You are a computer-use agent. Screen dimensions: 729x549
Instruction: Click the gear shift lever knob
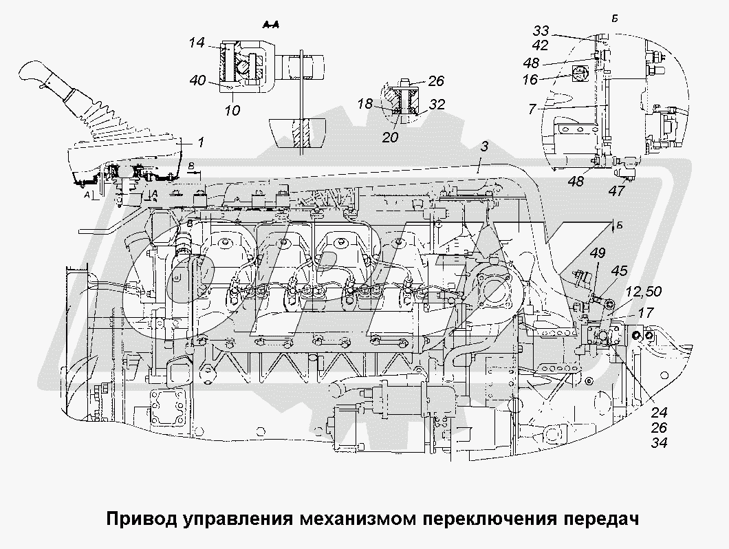click(x=37, y=74)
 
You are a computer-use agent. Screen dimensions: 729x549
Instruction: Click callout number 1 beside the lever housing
click(x=201, y=142)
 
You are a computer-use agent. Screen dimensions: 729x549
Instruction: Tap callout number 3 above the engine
click(x=484, y=147)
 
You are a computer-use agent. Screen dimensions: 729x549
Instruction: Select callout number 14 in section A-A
click(x=197, y=43)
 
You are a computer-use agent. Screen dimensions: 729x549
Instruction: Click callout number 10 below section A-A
click(x=232, y=110)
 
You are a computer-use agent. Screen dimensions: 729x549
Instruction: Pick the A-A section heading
click(x=270, y=25)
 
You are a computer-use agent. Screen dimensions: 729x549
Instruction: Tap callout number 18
click(x=365, y=103)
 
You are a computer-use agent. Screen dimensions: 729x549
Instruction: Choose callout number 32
click(x=437, y=104)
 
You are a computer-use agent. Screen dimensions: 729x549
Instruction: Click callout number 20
click(x=391, y=138)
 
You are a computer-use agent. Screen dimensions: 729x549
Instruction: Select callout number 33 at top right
click(x=541, y=31)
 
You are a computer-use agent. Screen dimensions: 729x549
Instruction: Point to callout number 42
click(x=541, y=45)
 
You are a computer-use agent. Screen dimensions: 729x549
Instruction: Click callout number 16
click(x=530, y=80)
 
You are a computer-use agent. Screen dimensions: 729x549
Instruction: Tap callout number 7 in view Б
click(x=532, y=109)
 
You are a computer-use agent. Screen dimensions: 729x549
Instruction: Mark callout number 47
click(x=616, y=191)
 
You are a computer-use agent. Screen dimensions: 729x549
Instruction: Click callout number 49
click(x=598, y=252)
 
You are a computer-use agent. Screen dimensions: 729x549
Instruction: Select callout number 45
click(x=619, y=270)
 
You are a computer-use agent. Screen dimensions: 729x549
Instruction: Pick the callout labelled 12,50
click(x=644, y=292)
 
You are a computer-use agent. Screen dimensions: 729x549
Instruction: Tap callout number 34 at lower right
click(x=660, y=442)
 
